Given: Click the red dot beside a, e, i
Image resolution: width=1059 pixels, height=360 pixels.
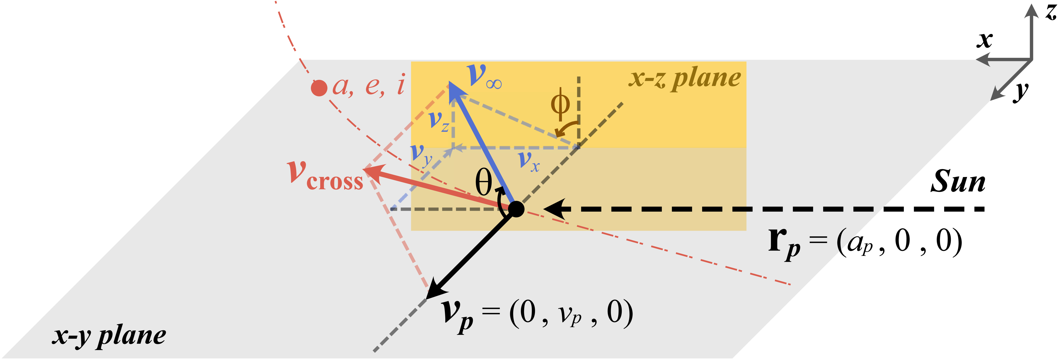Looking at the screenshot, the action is [x=319, y=88].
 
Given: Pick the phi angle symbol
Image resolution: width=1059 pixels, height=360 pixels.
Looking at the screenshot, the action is [x=560, y=104].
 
